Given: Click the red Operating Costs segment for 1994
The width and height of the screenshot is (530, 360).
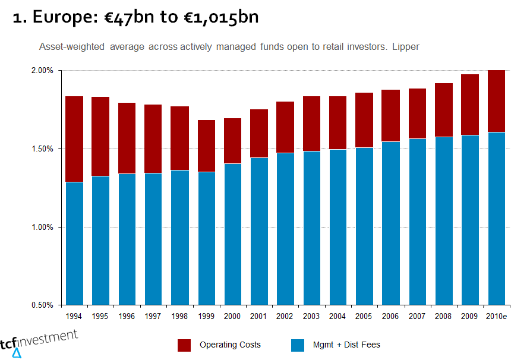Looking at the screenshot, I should point(74,139).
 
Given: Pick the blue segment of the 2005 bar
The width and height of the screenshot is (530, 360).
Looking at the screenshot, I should point(364,226).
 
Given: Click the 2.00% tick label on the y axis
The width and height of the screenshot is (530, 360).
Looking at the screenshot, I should point(43,70).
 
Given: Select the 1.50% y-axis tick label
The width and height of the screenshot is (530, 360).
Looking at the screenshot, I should point(43,149).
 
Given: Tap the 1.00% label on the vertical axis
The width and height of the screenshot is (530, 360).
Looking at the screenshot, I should point(43,227).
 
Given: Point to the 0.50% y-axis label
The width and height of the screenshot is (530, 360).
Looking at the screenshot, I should point(43,305).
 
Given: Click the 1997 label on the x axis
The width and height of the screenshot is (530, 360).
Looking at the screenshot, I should point(153,317).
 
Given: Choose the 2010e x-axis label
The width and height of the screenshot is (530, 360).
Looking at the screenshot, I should point(496,317).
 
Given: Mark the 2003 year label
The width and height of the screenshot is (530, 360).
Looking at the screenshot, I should point(311,317).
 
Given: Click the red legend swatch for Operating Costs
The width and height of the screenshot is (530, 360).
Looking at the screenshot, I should point(184,345).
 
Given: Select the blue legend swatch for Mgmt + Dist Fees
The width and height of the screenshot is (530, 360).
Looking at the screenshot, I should point(297,345).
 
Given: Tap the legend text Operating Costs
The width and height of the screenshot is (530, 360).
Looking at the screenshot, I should point(230,345).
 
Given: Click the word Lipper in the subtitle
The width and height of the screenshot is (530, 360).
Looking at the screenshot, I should point(406,46).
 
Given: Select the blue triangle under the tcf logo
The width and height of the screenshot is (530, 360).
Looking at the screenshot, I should point(17,353).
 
